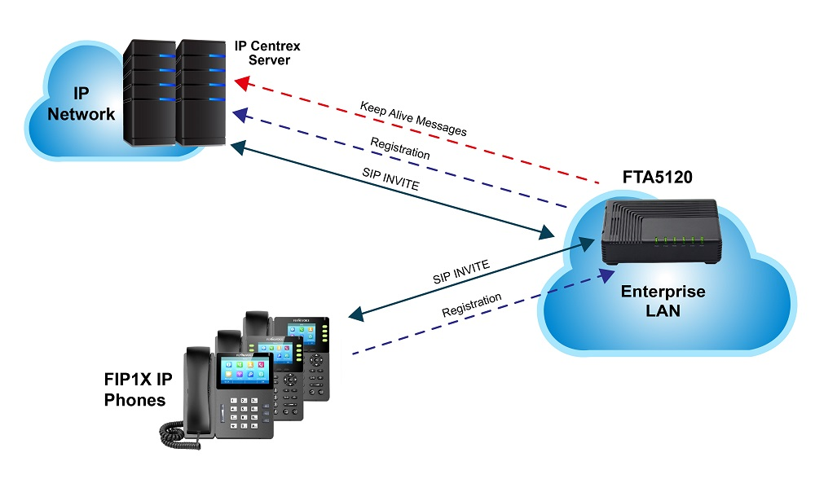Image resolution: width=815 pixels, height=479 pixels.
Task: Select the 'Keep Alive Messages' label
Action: click(x=413, y=119)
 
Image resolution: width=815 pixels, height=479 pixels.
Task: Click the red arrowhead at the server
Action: click(x=241, y=82)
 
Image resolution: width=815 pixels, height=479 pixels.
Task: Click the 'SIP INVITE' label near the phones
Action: click(x=461, y=273)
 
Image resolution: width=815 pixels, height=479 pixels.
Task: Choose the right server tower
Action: click(x=201, y=91)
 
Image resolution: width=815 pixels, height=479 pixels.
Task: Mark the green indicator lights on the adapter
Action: click(x=676, y=240)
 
